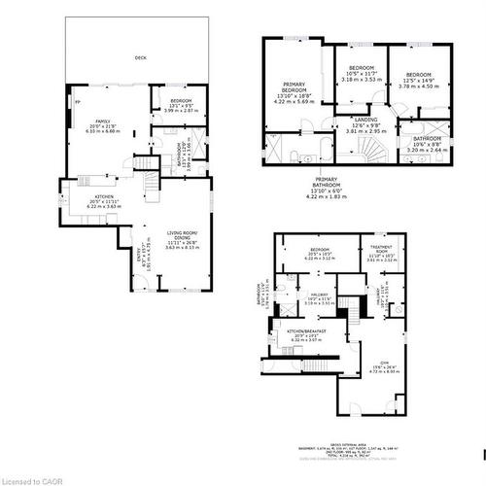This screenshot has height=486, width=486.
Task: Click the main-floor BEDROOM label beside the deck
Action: [x=182, y=101]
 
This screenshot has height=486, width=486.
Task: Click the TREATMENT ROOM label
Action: [x=380, y=250]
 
